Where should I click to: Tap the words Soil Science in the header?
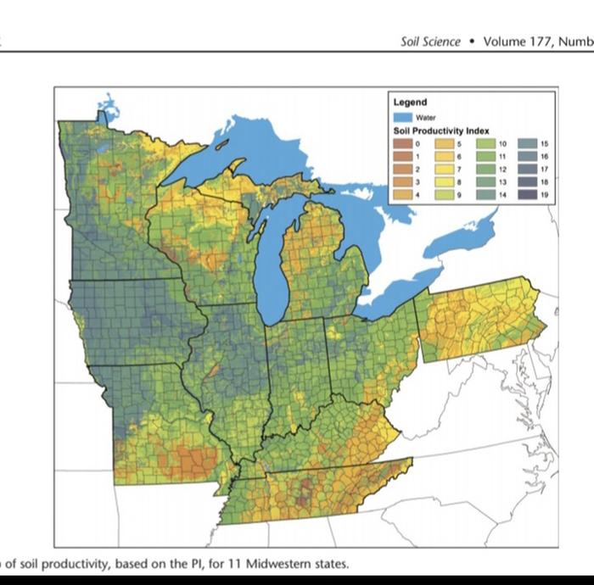pyautogui.click(x=430, y=40)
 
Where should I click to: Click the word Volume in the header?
pyautogui.click(x=505, y=40)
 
